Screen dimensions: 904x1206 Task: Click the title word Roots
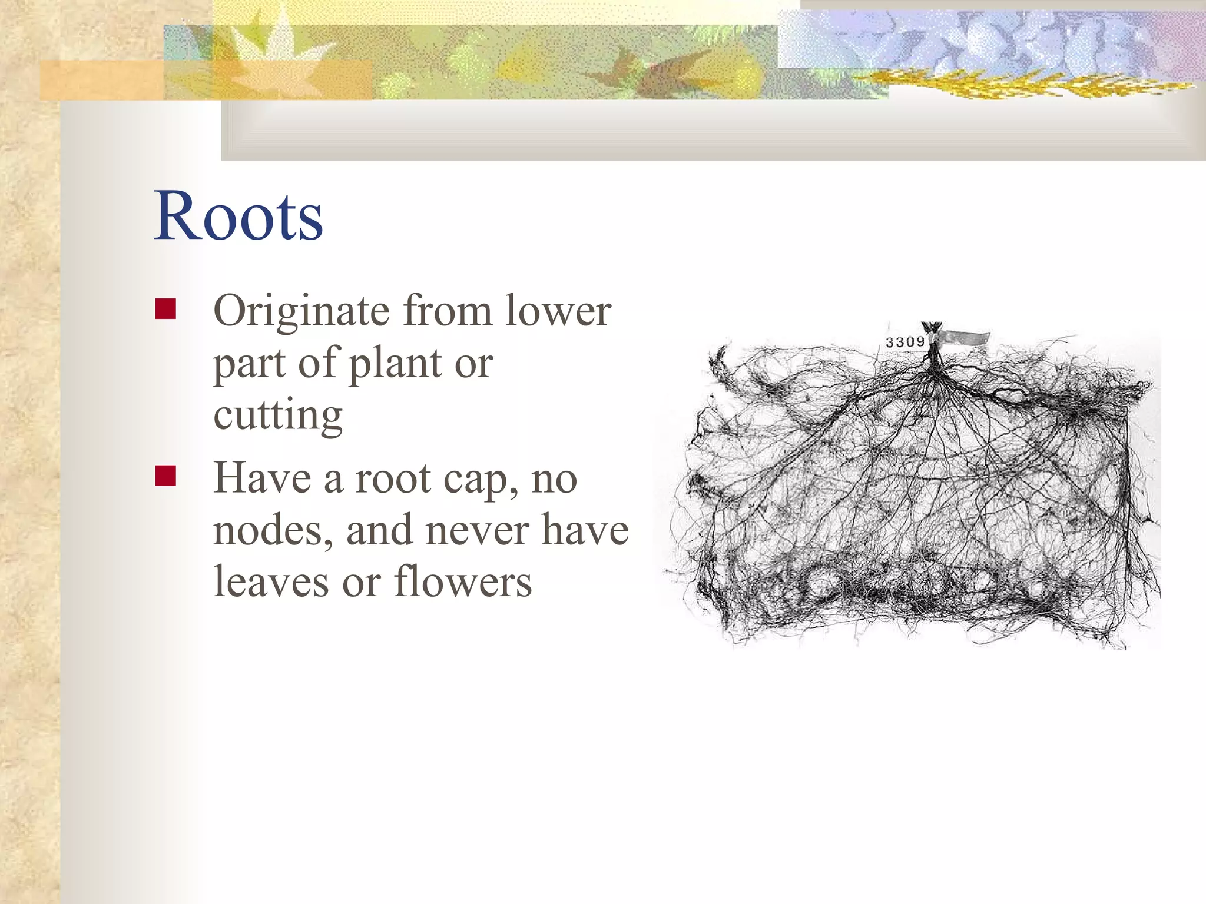[x=238, y=216]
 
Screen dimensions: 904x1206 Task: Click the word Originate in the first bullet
[x=301, y=312]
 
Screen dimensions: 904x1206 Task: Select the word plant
[x=395, y=364]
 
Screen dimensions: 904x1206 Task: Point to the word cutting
[x=278, y=416]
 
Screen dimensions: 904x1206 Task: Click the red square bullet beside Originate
[x=165, y=309]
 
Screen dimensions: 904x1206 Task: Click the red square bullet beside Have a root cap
[x=165, y=476]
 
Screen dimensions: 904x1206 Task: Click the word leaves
[x=271, y=582]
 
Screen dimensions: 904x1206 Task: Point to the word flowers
[x=463, y=582]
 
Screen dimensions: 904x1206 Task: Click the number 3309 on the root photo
[x=905, y=342]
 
